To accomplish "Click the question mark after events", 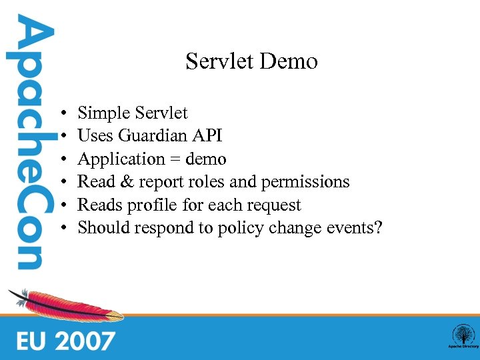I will click(x=378, y=228).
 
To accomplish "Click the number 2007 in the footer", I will click(x=85, y=341).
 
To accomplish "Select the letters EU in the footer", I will click(x=31, y=341).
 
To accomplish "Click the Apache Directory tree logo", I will click(x=462, y=335).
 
